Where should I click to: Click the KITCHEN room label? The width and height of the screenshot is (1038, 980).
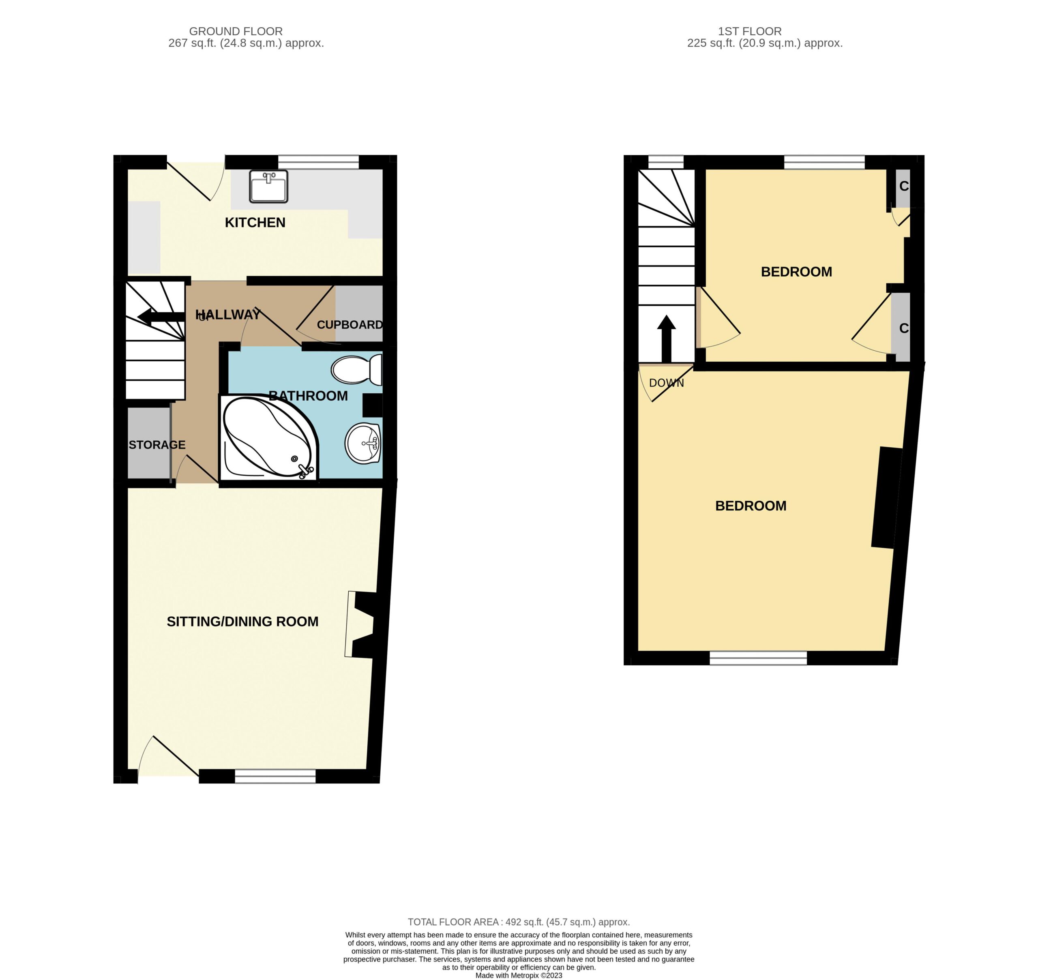point(255,223)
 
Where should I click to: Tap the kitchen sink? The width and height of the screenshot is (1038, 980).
point(268,187)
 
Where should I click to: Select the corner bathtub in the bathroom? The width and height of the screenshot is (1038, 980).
point(269,437)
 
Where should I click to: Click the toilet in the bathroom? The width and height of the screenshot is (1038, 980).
point(357,370)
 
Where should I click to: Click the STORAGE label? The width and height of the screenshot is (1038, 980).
point(157,444)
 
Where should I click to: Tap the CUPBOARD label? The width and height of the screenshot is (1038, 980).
point(350,325)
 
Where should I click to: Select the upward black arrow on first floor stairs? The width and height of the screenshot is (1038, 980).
point(666,339)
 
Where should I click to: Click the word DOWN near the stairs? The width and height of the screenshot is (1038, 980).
point(666,383)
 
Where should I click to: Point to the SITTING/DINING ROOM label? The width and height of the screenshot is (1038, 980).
point(242,622)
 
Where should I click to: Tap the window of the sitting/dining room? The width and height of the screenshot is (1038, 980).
point(275,777)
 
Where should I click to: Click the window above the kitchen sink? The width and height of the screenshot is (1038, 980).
point(319,162)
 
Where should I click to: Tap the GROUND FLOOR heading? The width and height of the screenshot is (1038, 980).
point(236,31)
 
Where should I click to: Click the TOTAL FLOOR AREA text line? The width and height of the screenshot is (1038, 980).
point(519,922)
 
